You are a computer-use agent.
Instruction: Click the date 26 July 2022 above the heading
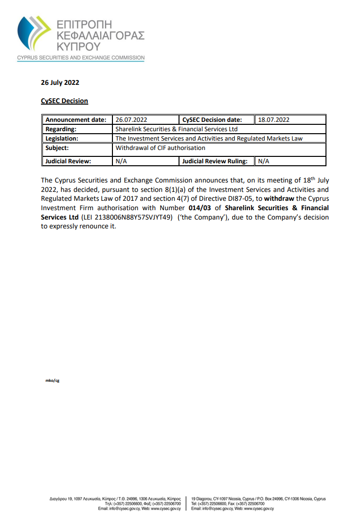[60, 83]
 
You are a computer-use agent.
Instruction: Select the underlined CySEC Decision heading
[64, 101]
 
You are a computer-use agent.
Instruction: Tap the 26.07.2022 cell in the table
[131, 120]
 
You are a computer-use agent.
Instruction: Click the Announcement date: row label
[75, 120]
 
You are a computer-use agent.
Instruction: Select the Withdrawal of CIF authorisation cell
[160, 148]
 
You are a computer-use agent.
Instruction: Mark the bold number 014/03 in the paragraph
[199, 208]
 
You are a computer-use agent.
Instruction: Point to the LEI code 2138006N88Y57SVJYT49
[134, 217]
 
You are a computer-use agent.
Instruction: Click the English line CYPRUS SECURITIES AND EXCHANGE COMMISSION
[81, 58]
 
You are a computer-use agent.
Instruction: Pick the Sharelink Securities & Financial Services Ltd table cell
[177, 129]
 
